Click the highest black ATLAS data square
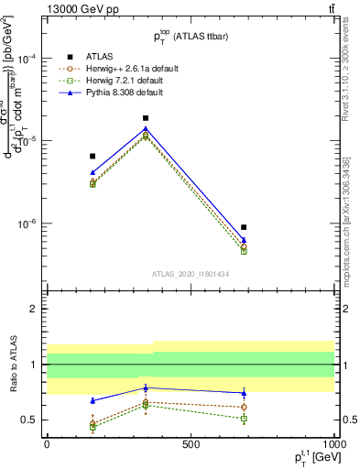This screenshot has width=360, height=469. (146, 118)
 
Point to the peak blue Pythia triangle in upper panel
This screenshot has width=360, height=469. (146, 128)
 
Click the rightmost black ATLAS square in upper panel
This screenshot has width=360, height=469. (244, 227)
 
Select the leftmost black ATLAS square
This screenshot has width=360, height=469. (93, 157)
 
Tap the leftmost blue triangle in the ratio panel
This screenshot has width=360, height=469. (93, 400)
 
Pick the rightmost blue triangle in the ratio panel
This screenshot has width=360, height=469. (244, 393)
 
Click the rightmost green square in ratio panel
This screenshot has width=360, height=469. (244, 419)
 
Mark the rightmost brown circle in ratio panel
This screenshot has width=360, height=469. (244, 407)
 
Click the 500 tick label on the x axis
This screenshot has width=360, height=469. (191, 442)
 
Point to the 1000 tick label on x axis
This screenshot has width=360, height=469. (333, 442)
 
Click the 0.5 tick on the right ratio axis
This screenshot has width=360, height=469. (348, 420)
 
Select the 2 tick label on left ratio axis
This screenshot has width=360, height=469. (33, 310)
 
